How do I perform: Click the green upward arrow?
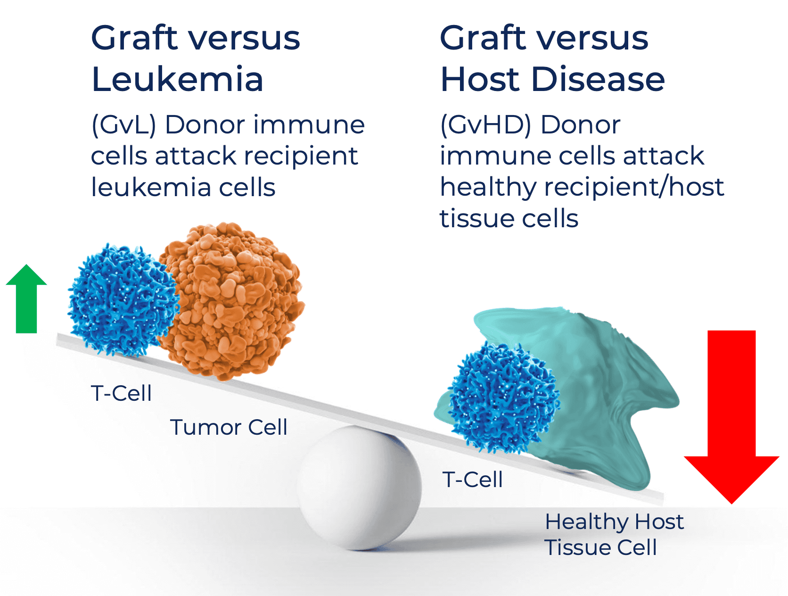26,299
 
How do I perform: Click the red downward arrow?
731,416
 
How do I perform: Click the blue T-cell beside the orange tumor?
123,300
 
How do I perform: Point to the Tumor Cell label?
229,427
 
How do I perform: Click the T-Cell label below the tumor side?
121,393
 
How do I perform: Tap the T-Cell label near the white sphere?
472,480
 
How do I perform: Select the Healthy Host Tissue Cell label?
615,534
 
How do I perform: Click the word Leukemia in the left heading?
177,79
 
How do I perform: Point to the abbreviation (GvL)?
124,125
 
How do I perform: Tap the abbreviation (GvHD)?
485,125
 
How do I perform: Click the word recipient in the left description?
301,157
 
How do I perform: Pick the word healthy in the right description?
488,188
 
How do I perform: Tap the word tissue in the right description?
477,219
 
